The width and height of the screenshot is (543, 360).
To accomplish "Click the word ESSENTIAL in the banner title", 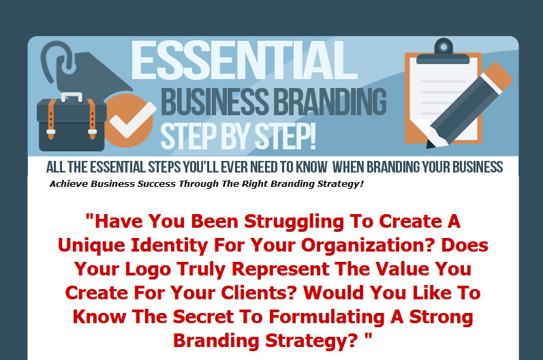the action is coord(244,60).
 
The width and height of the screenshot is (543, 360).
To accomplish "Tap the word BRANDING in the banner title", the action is coord(330,102).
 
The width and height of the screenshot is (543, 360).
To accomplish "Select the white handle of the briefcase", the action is coord(72,97).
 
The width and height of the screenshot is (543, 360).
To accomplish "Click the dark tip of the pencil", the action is coord(431,144).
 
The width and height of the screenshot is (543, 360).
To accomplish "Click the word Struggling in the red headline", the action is coord(294,222).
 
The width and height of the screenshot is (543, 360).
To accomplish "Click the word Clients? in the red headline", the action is coord(259,292).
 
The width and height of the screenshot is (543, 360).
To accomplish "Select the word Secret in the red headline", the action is coord(203,316).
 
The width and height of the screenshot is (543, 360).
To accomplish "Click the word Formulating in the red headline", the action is coord(326,317).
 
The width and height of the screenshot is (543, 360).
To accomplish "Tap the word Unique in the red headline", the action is coord(91,245).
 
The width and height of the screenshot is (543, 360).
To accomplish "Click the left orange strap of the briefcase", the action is coord(51,119).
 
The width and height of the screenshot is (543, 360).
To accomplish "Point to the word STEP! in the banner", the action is coord(285,136).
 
